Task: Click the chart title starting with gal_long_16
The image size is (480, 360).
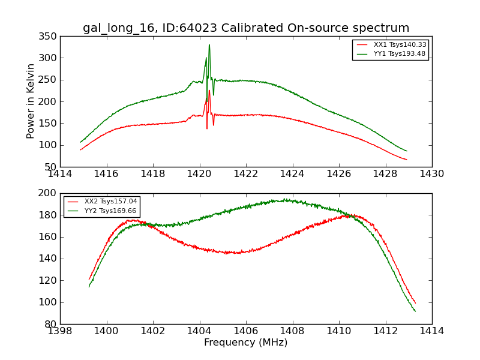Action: coord(246,28)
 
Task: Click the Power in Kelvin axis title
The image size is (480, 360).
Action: coord(31,101)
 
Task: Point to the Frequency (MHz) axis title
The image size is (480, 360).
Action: coord(245,343)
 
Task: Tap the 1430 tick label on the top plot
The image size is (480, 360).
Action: coord(431,174)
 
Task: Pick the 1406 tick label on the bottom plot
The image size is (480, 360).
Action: coord(245,331)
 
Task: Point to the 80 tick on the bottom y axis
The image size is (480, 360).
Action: coord(53,324)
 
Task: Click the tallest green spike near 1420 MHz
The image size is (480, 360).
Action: coord(209,45)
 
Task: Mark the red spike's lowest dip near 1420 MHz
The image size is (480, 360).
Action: coord(207,128)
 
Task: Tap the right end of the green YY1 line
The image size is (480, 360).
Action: coord(406,151)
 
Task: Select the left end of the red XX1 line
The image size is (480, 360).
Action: coord(80,149)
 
